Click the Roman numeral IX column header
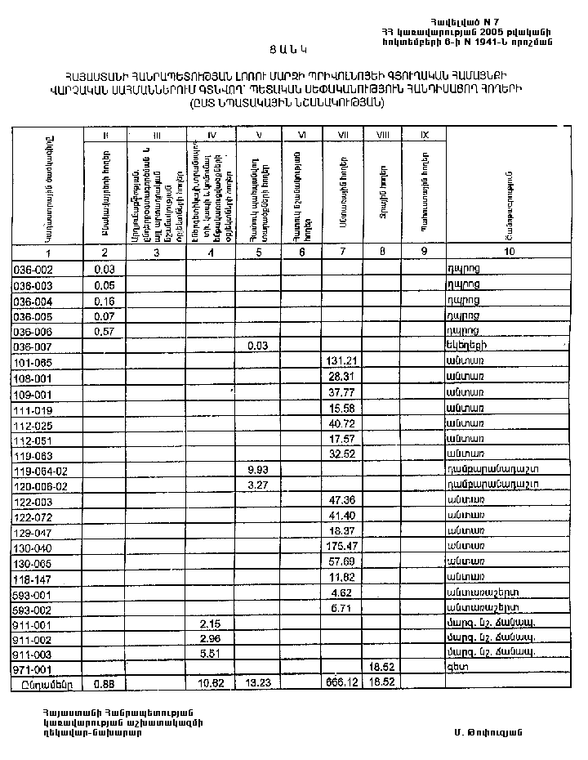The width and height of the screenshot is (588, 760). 424,135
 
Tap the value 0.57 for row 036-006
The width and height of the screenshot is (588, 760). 104,332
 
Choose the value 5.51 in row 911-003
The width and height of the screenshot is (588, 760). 210,653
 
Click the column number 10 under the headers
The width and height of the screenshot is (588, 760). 510,253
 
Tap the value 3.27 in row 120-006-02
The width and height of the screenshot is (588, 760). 257,485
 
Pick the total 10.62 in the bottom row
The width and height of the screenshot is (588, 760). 210,682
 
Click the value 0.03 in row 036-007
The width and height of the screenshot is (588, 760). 257,346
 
